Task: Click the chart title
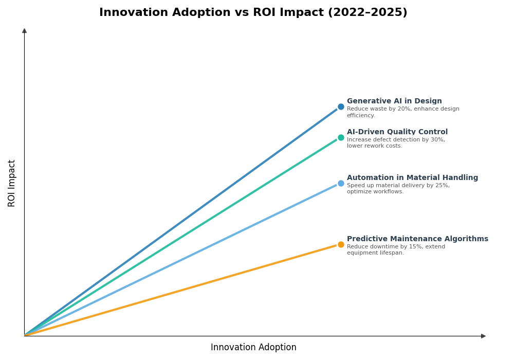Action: pos(253,13)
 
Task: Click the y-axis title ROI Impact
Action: pos(12,183)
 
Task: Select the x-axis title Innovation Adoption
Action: pos(253,348)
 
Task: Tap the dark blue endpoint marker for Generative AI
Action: pos(341,107)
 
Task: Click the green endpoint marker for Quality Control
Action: pos(341,137)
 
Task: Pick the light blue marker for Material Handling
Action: pos(341,183)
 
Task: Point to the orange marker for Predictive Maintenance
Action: pos(341,244)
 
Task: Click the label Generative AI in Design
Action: pos(394,101)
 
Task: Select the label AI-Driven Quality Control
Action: pos(397,132)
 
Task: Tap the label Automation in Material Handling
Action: pos(412,178)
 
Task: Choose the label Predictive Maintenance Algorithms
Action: pos(417,239)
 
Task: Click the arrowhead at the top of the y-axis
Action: pos(24,31)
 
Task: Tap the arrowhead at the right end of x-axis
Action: pos(483,336)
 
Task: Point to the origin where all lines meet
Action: pos(25,336)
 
